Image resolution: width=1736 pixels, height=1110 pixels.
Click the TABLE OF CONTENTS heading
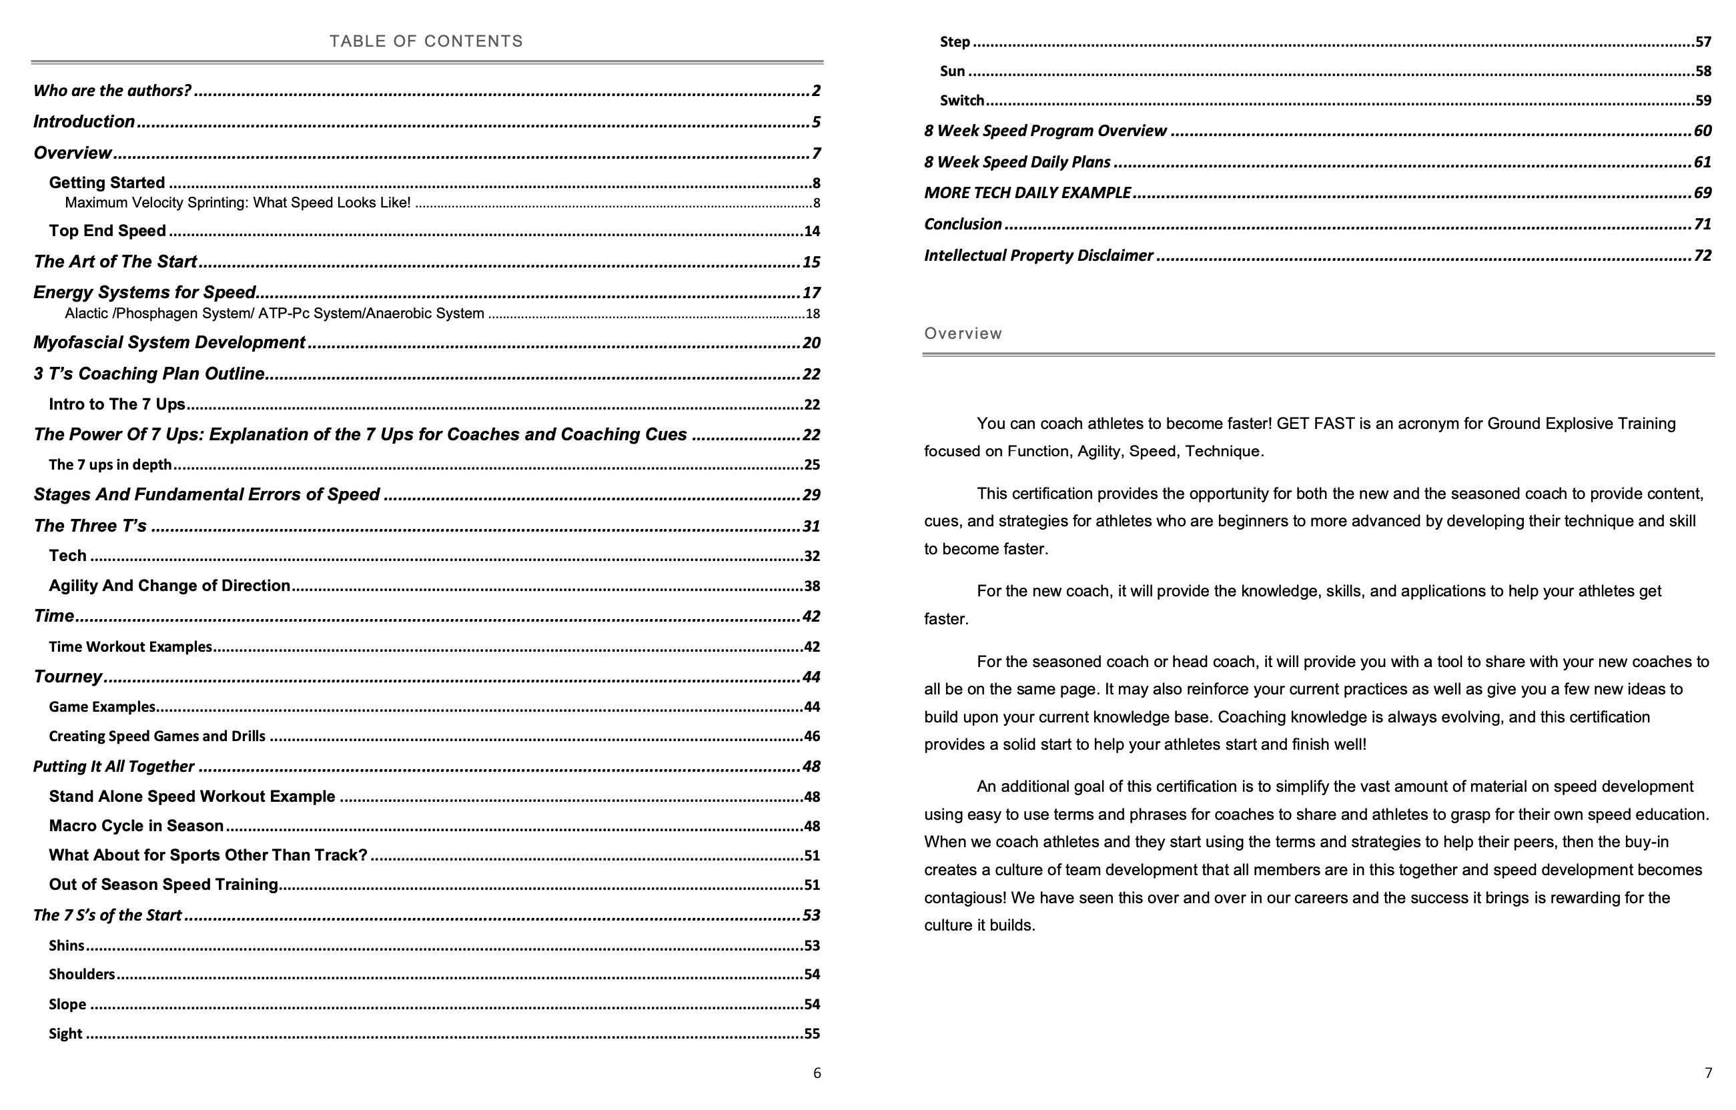pyautogui.click(x=426, y=41)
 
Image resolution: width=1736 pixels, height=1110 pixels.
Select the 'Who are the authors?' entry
pyautogui.click(x=113, y=91)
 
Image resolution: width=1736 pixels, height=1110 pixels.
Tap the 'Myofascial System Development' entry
pyautogui.click(x=169, y=342)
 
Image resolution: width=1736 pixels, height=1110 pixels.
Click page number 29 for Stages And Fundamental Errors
pyautogui.click(x=811, y=495)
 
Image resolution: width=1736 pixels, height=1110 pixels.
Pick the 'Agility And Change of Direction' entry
pyautogui.click(x=169, y=585)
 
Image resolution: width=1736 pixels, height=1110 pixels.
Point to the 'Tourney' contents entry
pyautogui.click(x=68, y=677)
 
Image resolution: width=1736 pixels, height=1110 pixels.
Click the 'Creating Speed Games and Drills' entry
pyautogui.click(x=157, y=736)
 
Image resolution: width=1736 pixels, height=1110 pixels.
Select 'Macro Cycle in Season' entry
pyautogui.click(x=136, y=826)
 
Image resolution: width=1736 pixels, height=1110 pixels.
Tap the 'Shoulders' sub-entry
pyautogui.click(x=81, y=975)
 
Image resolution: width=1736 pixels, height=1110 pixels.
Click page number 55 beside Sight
pyautogui.click(x=812, y=1033)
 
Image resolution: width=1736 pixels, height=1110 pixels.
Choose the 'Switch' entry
pyautogui.click(x=961, y=100)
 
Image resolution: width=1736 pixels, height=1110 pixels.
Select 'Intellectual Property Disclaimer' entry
pyautogui.click(x=1038, y=256)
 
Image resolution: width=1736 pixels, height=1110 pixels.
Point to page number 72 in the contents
pyautogui.click(x=1702, y=256)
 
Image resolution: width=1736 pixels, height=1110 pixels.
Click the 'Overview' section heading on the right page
pyautogui.click(x=963, y=334)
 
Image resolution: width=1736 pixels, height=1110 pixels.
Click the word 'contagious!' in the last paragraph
pyautogui.click(x=965, y=898)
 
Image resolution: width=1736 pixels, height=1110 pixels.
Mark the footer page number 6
pyautogui.click(x=817, y=1073)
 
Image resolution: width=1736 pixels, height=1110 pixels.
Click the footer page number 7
pyautogui.click(x=1708, y=1073)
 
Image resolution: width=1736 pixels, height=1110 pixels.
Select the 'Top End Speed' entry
pyautogui.click(x=107, y=231)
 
